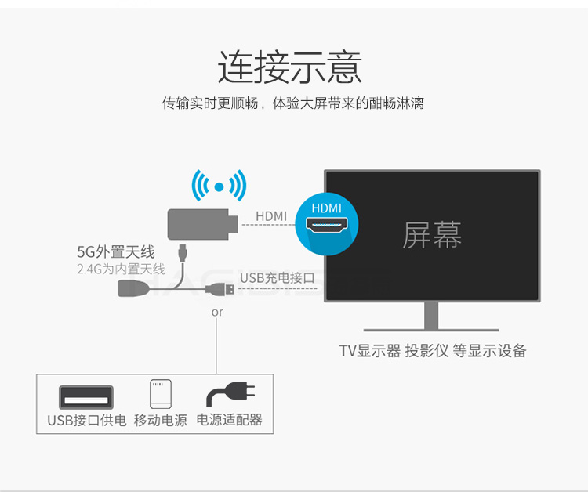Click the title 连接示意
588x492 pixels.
[x=289, y=67]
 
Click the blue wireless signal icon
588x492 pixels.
[x=220, y=186]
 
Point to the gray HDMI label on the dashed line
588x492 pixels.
[x=271, y=216]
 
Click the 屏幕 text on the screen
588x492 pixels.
[x=432, y=234]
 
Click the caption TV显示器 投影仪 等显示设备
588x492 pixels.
[x=432, y=351]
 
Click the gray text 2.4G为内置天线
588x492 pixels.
[x=121, y=269]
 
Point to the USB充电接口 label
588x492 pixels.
[x=277, y=278]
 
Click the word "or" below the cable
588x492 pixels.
[x=217, y=313]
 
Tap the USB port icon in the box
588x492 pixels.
[x=86, y=395]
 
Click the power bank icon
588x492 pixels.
[x=160, y=394]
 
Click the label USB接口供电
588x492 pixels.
[x=86, y=420]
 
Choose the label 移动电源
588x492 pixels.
[x=161, y=420]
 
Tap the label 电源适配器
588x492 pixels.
[x=229, y=420]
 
